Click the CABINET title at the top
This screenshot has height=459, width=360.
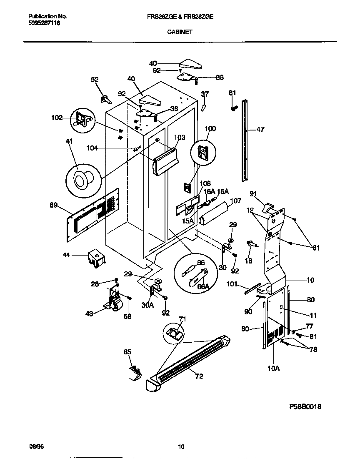(x=180, y=31)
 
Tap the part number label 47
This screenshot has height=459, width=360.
(x=260, y=130)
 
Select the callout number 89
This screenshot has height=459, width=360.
(x=53, y=205)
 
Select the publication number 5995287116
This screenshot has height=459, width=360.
(x=44, y=23)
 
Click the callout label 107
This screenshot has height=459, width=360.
(x=235, y=201)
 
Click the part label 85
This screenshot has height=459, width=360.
(x=127, y=352)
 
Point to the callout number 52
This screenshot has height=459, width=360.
(x=95, y=80)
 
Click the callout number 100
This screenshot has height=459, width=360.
(x=210, y=129)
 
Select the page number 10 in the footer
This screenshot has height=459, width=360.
(x=181, y=447)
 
